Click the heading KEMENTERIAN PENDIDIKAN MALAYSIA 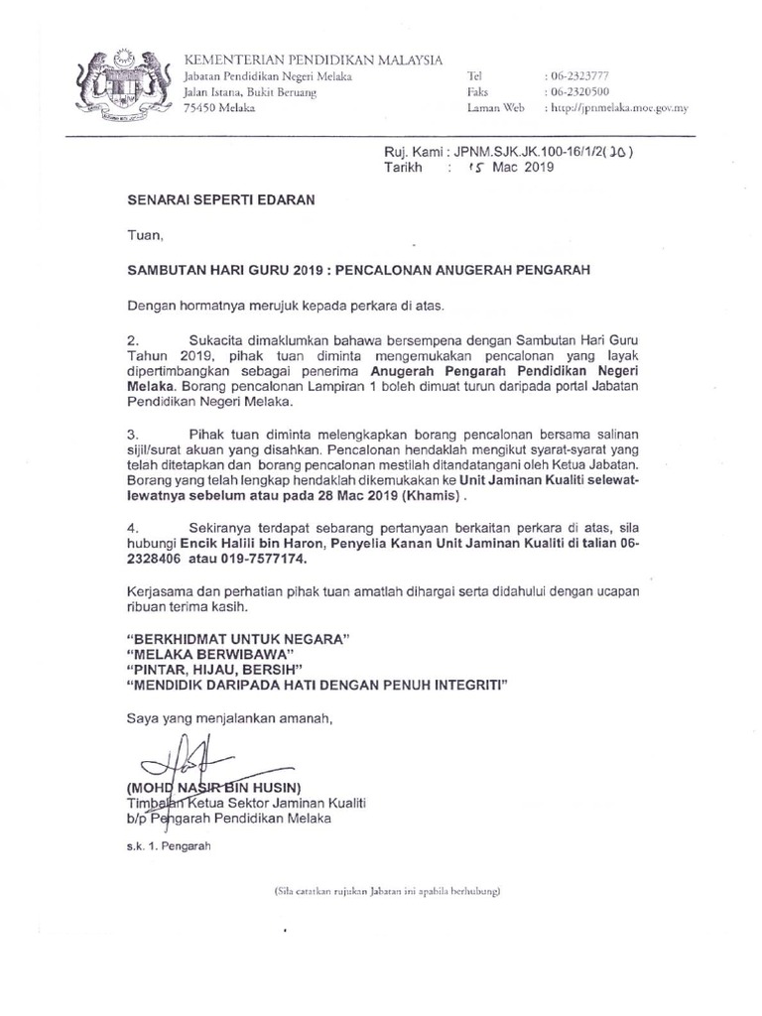[314, 61]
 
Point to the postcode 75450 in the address [206, 108]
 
